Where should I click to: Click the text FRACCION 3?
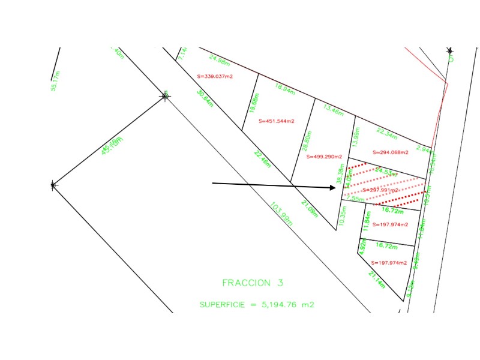pyautogui.click(x=252, y=283)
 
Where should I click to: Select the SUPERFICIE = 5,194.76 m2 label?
pyautogui.click(x=257, y=305)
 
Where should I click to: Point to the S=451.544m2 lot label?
pyautogui.click(x=277, y=121)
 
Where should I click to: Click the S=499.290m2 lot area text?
pyautogui.click(x=324, y=157)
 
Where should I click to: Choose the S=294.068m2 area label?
pyautogui.click(x=391, y=152)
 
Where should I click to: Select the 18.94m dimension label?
pyautogui.click(x=284, y=89)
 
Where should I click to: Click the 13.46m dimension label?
pyautogui.click(x=333, y=110)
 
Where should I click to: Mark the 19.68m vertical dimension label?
pyautogui.click(x=256, y=102)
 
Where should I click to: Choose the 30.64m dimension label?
pyautogui.click(x=205, y=98)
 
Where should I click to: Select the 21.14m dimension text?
pyautogui.click(x=377, y=280)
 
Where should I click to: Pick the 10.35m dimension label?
pyautogui.click(x=343, y=215)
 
